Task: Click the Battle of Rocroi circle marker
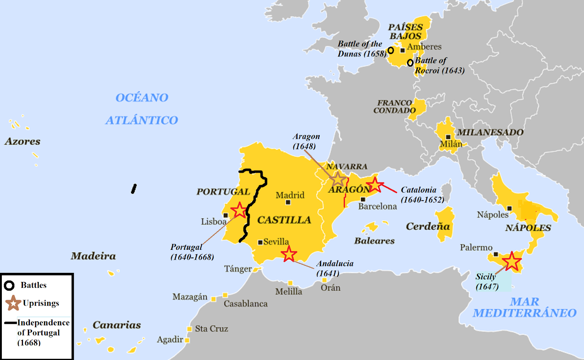pos(410,63)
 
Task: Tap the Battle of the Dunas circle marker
pos(391,50)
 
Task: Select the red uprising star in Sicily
pos(512,262)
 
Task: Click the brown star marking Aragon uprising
pos(338,179)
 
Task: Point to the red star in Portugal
pos(239,210)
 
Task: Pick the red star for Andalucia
pos(289,254)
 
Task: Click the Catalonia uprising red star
pos(374,185)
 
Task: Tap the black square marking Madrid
pos(288,202)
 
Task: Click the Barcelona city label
pos(377,206)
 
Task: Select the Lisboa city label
pos(214,221)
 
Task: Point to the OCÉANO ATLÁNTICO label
pos(142,109)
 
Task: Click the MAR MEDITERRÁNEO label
pos(525,307)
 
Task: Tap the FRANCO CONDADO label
pos(394,107)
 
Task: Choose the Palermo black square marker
pos(496,254)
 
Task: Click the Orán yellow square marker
pos(324,280)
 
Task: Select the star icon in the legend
pos(13,303)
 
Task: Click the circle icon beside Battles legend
pos(9,285)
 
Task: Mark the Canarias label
pos(117,325)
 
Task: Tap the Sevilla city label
pos(276,242)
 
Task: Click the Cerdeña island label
pos(428,227)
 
